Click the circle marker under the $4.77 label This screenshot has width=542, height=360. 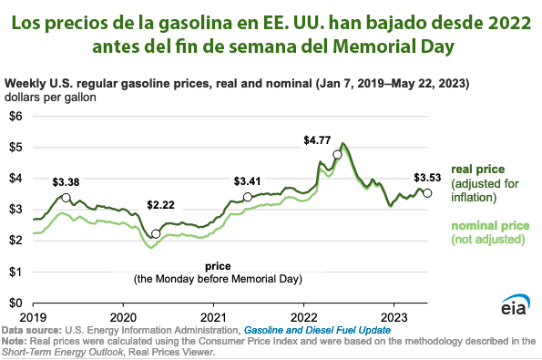[x=337, y=155]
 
